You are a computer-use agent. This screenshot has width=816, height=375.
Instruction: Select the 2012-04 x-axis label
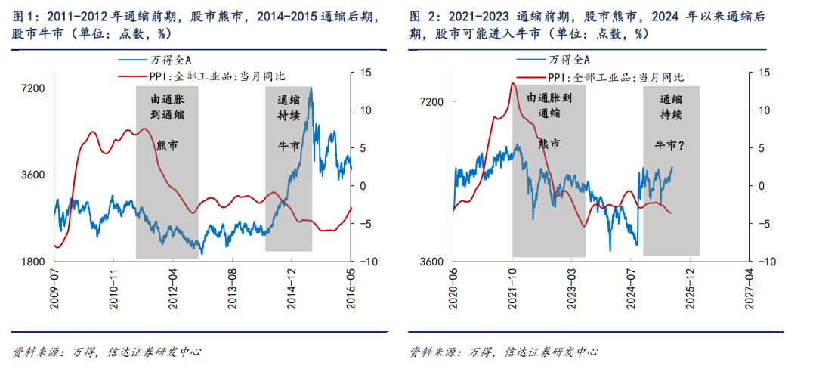[x=173, y=286]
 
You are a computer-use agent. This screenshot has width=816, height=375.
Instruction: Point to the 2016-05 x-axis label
[x=351, y=286]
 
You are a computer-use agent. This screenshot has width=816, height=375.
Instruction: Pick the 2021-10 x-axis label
[x=513, y=286]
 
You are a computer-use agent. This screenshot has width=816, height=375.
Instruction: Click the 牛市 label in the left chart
[x=289, y=144]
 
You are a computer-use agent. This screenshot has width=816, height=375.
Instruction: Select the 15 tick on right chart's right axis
[x=764, y=73]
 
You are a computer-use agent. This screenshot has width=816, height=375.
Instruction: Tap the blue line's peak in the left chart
[x=311, y=88]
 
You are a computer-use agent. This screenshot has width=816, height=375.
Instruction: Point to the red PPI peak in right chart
[x=512, y=82]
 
